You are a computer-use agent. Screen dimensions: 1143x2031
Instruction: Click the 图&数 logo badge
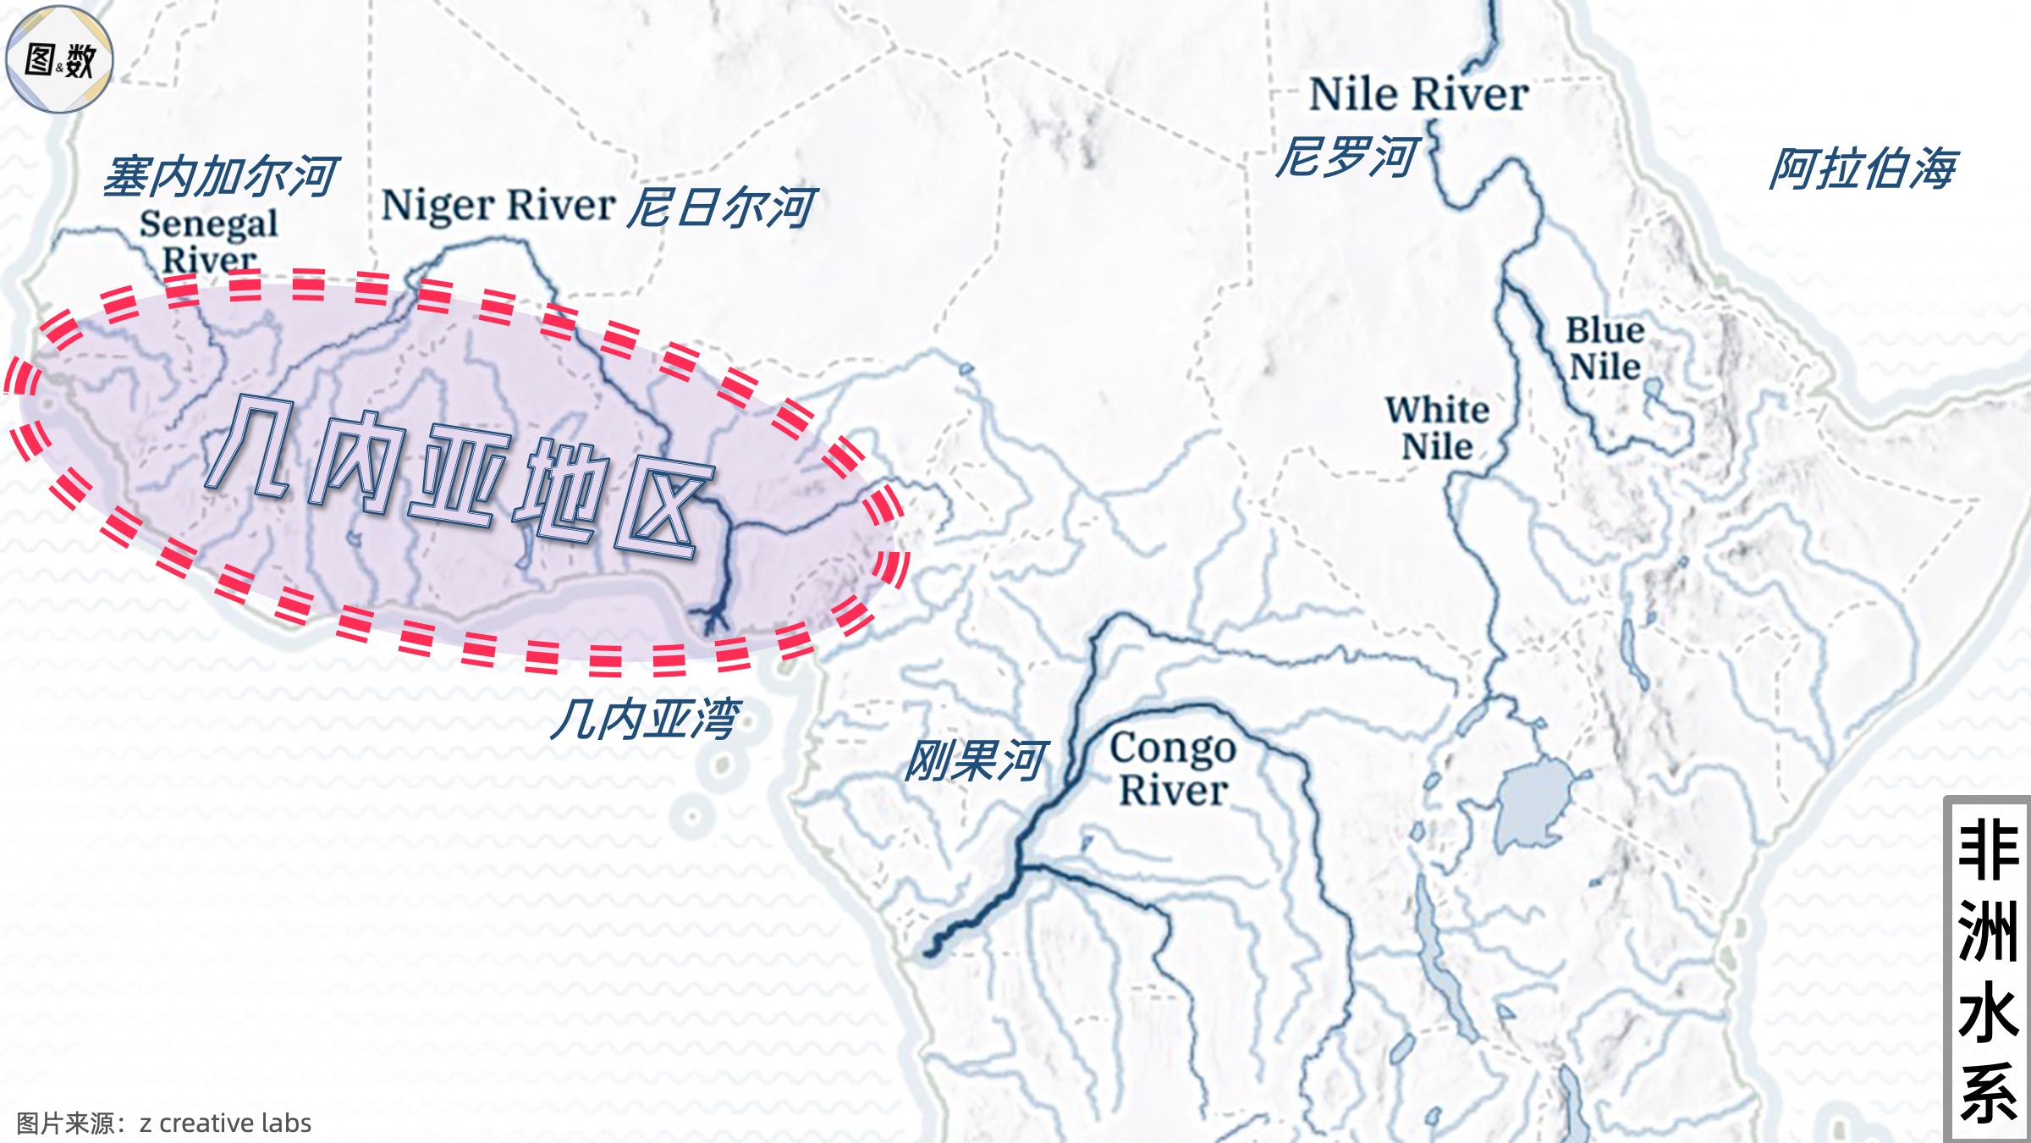tap(59, 59)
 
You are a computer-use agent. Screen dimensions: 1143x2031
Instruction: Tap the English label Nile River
tap(1418, 94)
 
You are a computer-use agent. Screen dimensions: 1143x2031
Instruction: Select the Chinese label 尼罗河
tap(1346, 157)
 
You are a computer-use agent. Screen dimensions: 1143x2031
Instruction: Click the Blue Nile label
tap(1604, 349)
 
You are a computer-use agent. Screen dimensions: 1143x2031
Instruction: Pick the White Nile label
tap(1437, 428)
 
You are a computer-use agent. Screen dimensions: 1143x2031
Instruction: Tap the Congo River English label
tap(1173, 769)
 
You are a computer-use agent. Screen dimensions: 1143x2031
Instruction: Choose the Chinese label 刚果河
tap(977, 760)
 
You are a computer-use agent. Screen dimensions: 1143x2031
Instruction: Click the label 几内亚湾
tap(647, 720)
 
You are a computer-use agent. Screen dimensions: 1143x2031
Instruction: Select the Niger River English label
tap(498, 206)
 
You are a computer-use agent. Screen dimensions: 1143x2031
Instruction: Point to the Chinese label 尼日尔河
tap(721, 208)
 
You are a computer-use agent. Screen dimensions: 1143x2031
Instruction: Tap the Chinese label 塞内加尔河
tap(221, 177)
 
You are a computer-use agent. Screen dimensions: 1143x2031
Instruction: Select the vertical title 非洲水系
tap(1988, 970)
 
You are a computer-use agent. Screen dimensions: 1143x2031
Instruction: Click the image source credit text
tap(164, 1124)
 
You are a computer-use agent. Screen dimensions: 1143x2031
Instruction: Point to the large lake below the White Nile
tap(1533, 804)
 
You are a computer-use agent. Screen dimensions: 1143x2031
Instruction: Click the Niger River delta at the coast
tap(713, 619)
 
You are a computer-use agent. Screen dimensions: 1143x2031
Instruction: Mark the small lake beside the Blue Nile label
tap(1653, 390)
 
